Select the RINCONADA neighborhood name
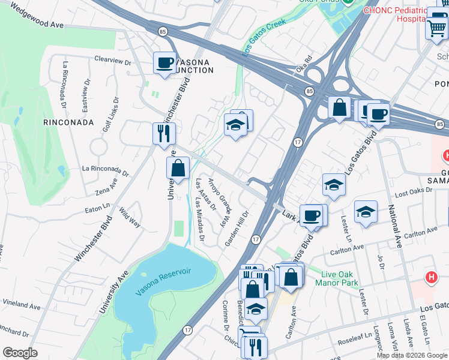click(69, 122)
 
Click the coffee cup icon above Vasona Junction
click(164, 63)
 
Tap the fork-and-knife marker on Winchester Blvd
click(164, 134)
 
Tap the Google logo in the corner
click(20, 353)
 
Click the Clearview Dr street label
click(112, 61)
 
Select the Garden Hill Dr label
click(237, 228)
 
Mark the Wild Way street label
click(130, 218)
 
